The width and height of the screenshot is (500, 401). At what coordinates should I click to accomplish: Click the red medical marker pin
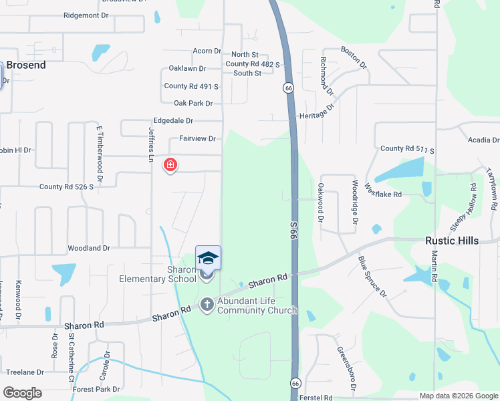click(x=170, y=164)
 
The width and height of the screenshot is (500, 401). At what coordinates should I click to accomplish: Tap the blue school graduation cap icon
click(x=208, y=258)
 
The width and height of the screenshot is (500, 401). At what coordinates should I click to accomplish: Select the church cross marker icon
click(x=207, y=304)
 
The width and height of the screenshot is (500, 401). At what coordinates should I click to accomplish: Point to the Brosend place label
click(x=26, y=65)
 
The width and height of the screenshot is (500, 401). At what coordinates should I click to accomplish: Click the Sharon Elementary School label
click(x=158, y=274)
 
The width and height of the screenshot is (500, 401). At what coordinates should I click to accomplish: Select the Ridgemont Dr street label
click(x=86, y=15)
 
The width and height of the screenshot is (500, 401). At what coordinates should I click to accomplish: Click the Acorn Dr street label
click(x=207, y=51)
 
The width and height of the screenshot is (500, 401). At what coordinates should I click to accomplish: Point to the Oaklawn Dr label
click(x=187, y=68)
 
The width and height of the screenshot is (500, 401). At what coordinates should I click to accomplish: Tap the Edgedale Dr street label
click(x=173, y=121)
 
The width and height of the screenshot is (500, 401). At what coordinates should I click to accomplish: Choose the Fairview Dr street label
click(x=197, y=139)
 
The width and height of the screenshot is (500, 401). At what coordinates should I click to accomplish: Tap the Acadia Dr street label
click(x=483, y=140)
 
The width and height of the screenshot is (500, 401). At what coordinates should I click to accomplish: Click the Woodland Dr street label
click(x=88, y=248)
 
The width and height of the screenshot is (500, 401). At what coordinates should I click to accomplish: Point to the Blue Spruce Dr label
click(x=372, y=276)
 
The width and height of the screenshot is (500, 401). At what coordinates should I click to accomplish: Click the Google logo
click(x=22, y=393)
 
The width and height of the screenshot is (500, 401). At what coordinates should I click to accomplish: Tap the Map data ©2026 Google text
click(x=458, y=396)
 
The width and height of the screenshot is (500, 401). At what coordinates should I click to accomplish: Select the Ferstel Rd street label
click(x=316, y=398)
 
